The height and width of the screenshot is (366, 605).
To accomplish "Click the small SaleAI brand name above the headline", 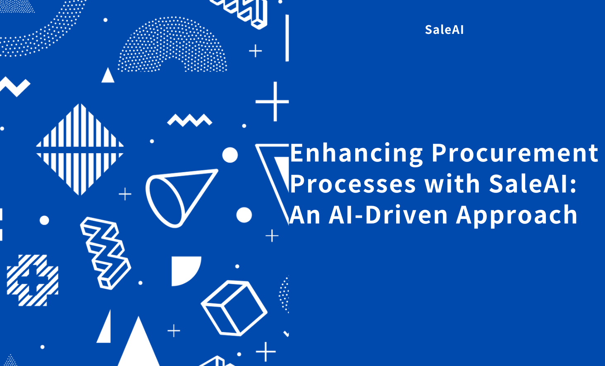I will (x=444, y=30).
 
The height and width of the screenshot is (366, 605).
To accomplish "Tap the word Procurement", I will (x=515, y=153).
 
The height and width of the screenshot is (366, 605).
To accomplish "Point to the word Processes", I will (x=353, y=184).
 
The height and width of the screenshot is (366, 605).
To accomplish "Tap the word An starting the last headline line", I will (x=305, y=215).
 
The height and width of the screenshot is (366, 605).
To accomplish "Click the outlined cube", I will (x=234, y=308).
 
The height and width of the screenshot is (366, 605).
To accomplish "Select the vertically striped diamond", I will (x=80, y=149).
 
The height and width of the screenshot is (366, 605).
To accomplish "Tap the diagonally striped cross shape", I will (x=32, y=280).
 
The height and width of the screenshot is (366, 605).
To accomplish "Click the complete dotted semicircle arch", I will (x=172, y=45).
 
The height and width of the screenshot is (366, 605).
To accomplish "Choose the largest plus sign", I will (x=273, y=101).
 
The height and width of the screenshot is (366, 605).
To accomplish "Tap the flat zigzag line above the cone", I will (x=189, y=120).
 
